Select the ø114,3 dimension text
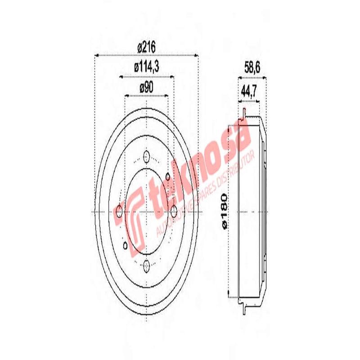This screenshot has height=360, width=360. (x=147, y=67)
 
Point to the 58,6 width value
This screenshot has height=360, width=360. (x=252, y=67)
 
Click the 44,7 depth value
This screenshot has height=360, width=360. (x=248, y=92)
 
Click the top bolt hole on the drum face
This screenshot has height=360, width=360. (x=146, y=157)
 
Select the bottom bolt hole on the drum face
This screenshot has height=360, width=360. (x=146, y=266)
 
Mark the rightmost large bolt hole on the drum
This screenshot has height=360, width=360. (x=174, y=211)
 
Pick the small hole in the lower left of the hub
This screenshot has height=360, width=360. (x=125, y=246)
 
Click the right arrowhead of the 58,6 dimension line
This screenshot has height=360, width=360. (x=265, y=78)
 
